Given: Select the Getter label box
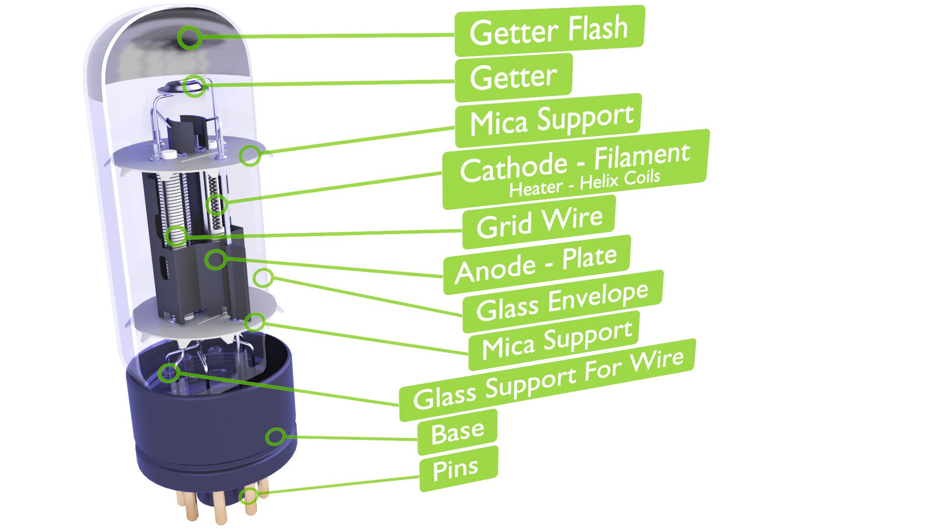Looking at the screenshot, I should coord(513,77).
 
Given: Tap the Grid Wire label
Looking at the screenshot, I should coord(539,222).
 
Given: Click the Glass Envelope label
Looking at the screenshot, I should coord(562,302).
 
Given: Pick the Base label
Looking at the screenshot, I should coord(457,432).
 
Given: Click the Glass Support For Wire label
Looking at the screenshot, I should coord(547,380).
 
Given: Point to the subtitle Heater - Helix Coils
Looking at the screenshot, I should coord(585,184).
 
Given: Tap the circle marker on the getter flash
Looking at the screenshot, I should coord(189,37).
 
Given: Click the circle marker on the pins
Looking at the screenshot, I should coord(249,496).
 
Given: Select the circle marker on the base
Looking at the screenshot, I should coord(276,435).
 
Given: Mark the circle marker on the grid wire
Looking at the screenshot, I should coord(176,237).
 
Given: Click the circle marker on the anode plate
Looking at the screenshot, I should coord(215,259).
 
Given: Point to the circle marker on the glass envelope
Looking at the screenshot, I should coord(263,278).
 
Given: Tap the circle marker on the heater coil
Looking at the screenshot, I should coord(216,204).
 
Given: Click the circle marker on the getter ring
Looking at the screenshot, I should coord(194,86).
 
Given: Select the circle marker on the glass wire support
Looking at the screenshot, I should coord(169,373).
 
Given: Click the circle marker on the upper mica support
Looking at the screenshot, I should coord(250,155).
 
